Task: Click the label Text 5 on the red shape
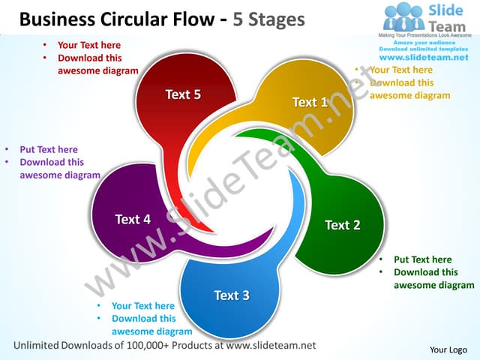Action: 183,94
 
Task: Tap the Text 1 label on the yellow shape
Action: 310,102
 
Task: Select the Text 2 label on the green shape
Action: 342,225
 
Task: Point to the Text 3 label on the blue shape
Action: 231,295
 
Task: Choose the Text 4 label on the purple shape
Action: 133,219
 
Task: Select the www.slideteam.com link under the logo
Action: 424,57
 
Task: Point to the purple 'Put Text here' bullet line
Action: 48,149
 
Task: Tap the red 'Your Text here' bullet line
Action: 88,45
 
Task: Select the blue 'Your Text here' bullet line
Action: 142,305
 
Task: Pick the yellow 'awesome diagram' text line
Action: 409,95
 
